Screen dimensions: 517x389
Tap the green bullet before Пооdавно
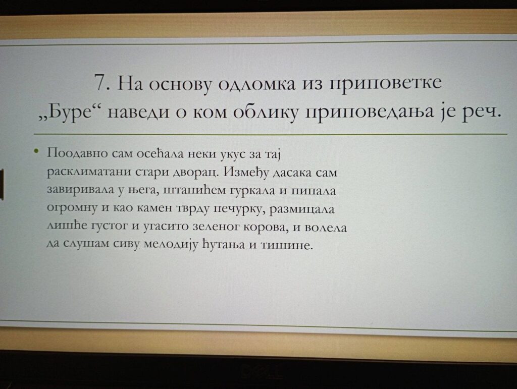click(36, 151)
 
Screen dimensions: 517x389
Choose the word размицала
click(302, 209)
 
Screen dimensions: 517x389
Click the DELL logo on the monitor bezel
click(262, 372)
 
